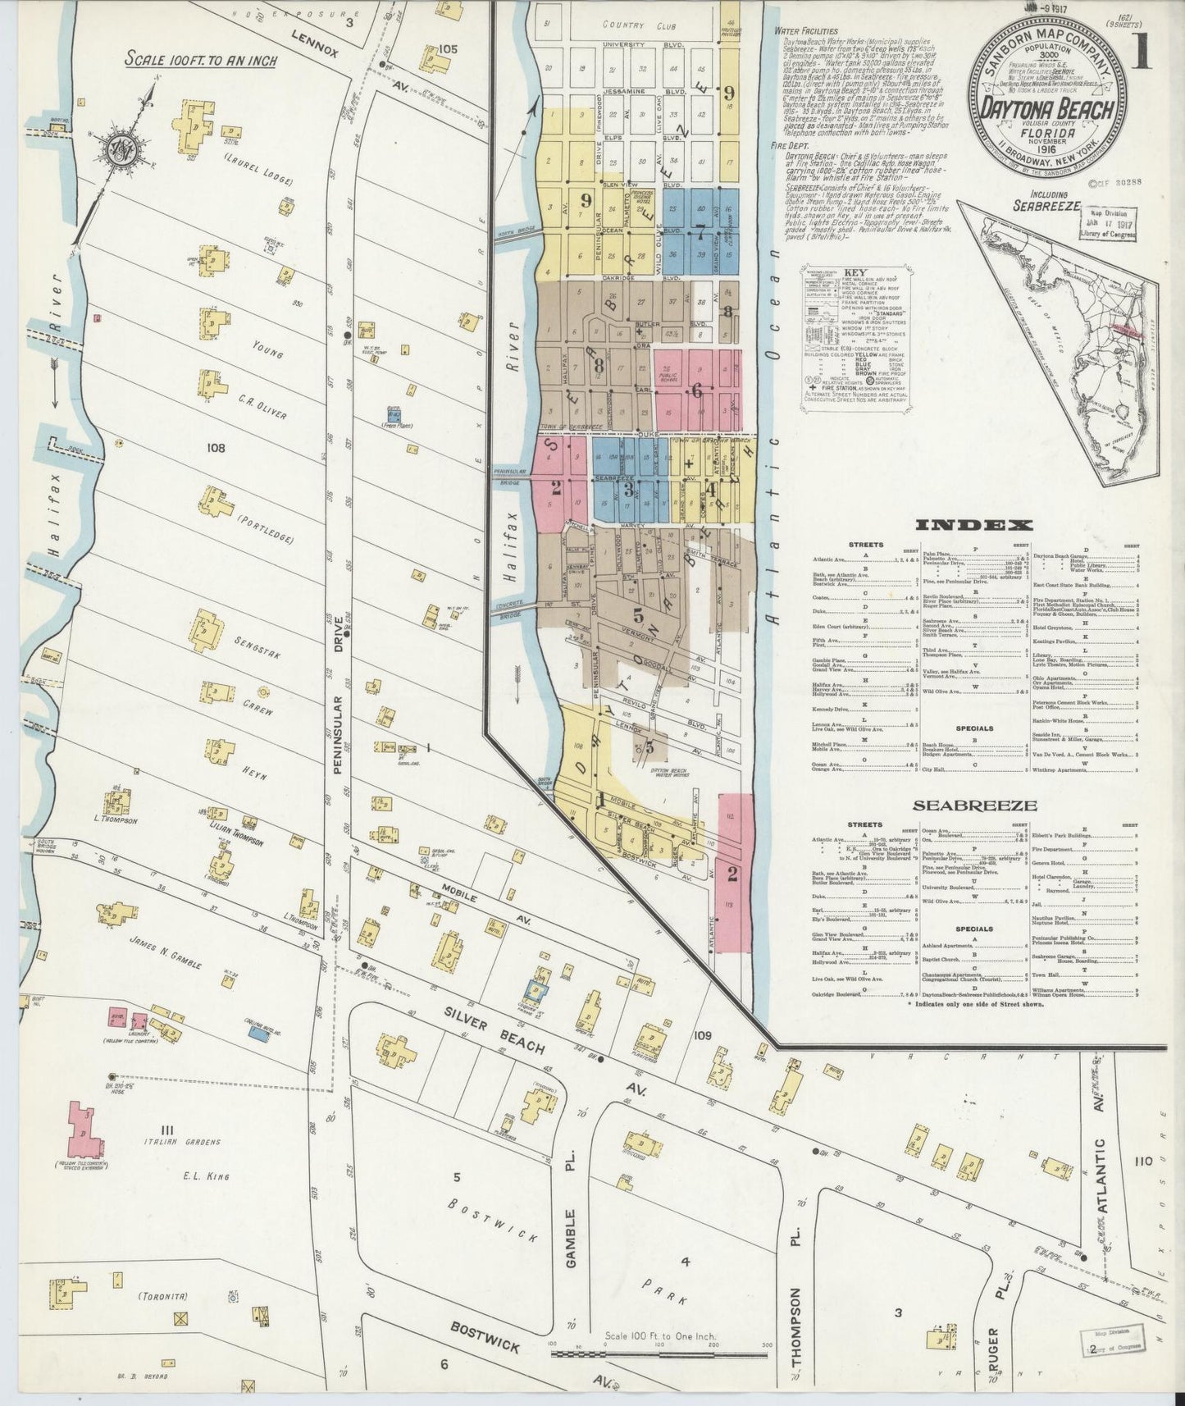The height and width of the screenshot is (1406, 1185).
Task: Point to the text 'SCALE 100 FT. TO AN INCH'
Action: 201,61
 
